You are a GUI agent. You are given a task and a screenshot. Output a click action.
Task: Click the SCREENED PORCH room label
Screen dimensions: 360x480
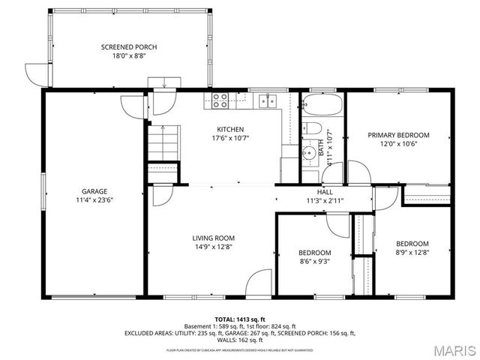[129, 47]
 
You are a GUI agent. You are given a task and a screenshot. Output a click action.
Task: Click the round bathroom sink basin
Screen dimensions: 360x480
[310, 154]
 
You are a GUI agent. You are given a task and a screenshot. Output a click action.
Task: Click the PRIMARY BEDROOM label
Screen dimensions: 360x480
[398, 135]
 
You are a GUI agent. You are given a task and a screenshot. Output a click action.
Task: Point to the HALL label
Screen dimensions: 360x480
[325, 192]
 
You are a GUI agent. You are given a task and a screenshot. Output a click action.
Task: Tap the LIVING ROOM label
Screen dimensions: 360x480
[214, 238]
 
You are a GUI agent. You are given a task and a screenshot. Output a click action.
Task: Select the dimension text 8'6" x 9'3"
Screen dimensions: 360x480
[315, 262]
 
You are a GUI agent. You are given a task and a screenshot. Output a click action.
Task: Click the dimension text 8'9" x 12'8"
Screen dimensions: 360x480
[412, 253]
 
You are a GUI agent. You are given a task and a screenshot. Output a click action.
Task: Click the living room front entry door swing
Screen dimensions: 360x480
[259, 283]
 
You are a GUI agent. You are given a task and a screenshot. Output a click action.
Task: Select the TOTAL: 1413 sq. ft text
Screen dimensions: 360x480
[240, 319]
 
